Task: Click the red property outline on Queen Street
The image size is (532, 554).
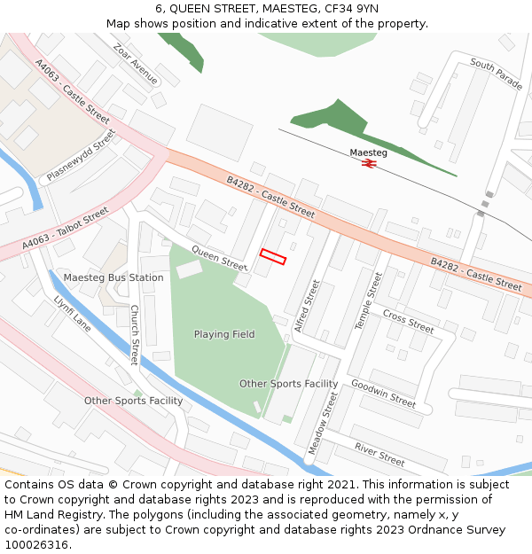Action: [x=273, y=257]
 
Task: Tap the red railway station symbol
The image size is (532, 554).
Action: [x=368, y=164]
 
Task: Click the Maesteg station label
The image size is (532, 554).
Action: [x=368, y=152]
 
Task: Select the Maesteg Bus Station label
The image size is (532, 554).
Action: [x=113, y=277]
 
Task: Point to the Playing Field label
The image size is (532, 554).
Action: [x=224, y=334]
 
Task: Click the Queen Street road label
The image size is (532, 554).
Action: [x=220, y=258]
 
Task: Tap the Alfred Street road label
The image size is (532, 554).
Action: [x=306, y=306]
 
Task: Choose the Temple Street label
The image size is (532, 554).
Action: [x=368, y=301]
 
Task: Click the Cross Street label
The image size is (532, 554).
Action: [x=408, y=321]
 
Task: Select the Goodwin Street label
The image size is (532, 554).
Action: [x=383, y=393]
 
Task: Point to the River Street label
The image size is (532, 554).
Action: [x=379, y=455]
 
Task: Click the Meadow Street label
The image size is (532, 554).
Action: [x=322, y=425]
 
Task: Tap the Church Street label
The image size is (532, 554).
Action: [x=135, y=335]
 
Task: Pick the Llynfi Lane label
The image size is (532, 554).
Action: [x=73, y=315]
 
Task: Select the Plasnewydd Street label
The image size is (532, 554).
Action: [x=82, y=156]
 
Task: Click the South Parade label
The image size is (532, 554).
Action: [x=496, y=74]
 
